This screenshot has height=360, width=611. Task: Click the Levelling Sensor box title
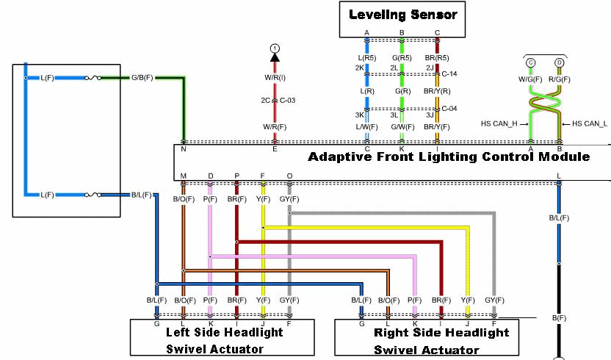click(x=402, y=14)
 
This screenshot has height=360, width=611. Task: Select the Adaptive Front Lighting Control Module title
click(x=449, y=156)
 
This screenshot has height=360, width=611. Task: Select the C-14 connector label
click(x=449, y=75)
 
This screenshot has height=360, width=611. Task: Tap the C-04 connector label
click(x=449, y=109)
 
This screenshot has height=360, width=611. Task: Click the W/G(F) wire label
click(x=529, y=79)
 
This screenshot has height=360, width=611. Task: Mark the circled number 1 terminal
click(x=275, y=48)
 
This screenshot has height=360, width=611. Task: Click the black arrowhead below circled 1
click(x=275, y=58)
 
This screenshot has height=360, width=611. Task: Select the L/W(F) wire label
click(x=367, y=126)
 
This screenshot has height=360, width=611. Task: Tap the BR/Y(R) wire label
click(x=437, y=92)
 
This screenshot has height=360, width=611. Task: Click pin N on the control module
click(x=183, y=148)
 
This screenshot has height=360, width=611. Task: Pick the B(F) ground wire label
click(x=559, y=317)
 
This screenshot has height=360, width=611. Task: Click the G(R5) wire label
click(x=402, y=57)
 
